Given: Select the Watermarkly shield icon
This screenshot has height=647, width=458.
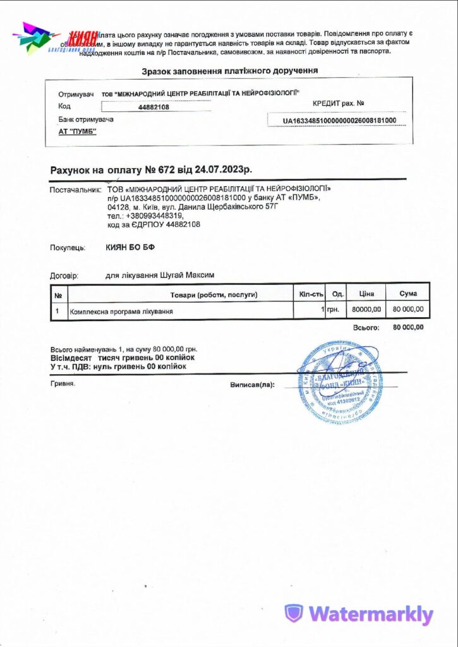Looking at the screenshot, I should (293, 614).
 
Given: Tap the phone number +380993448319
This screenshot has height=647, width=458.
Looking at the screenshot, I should (147, 215).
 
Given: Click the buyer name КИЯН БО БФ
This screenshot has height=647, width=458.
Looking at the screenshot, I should (130, 248).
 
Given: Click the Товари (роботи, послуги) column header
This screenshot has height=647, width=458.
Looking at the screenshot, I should (214, 294).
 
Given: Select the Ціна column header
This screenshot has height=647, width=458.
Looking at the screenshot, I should (366, 294).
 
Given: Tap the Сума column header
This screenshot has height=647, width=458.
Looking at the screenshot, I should (408, 294).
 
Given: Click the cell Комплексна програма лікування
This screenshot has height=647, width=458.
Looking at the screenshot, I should (121, 311).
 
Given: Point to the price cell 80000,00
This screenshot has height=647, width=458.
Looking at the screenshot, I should (366, 310).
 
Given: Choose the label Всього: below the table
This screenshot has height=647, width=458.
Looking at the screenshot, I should (366, 328).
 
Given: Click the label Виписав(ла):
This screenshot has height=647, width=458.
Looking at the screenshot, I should (252, 384).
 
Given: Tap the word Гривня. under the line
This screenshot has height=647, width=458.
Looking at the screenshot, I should (63, 383).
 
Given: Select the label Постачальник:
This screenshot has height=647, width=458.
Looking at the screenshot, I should (75, 189).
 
